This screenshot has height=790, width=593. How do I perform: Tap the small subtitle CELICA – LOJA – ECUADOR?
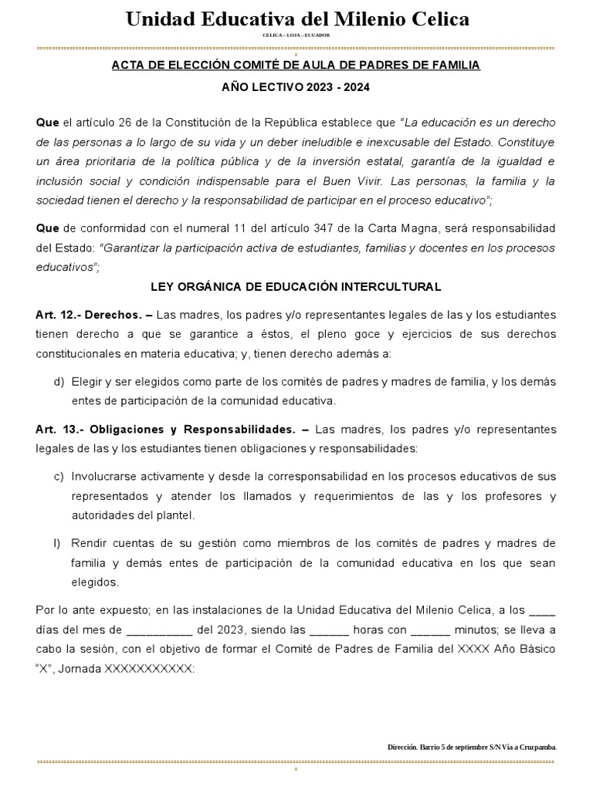pos(296,35)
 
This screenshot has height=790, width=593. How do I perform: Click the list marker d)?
pos(59,381)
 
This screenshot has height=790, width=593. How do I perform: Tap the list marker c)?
pos(59,476)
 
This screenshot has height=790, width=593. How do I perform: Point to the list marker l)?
pos(57,542)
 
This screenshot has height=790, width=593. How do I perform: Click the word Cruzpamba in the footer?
pos(534,747)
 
